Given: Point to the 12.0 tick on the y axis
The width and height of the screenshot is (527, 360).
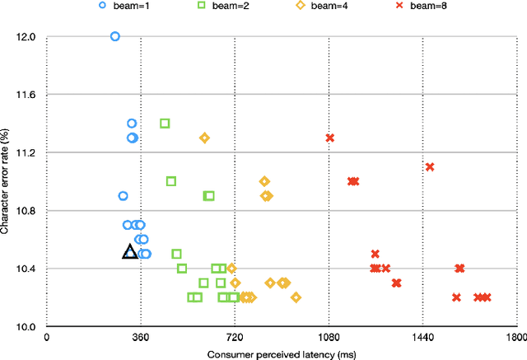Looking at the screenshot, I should (x=26, y=37).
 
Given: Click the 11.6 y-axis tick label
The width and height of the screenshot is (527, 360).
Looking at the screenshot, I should (x=26, y=96).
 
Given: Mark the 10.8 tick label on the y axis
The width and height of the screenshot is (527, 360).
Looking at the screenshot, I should (x=26, y=212).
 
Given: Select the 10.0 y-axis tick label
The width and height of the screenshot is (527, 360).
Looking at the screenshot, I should (x=26, y=327).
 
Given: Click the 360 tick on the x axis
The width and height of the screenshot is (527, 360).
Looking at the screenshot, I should (x=140, y=337).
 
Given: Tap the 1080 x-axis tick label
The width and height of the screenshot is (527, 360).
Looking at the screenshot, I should (x=329, y=337).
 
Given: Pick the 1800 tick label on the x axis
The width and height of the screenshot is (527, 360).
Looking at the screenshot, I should (x=516, y=337).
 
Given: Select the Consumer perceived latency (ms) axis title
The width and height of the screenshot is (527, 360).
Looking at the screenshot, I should (x=281, y=353).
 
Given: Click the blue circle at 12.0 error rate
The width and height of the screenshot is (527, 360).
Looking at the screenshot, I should (x=114, y=36).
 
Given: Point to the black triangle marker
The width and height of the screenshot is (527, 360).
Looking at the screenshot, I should (x=129, y=252).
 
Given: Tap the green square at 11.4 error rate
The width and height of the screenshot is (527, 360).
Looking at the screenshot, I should (x=165, y=124).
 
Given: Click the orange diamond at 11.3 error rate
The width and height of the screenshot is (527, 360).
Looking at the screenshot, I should (x=204, y=138).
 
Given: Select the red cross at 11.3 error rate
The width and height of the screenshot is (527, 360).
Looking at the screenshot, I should (x=330, y=138).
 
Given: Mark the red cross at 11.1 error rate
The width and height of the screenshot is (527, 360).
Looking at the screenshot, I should (x=430, y=167).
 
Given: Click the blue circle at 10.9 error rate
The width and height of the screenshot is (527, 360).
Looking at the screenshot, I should (x=123, y=196).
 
